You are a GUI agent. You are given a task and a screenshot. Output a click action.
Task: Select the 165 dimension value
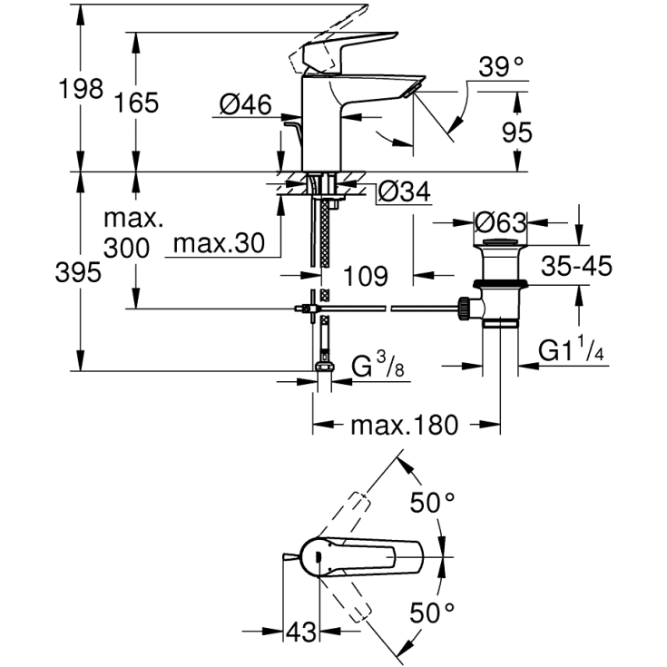point(137,103)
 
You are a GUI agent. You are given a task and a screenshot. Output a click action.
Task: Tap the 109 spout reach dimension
point(366,275)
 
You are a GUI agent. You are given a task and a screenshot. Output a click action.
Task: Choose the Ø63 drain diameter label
point(499,222)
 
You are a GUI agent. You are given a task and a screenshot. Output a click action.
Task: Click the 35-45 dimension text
point(577,266)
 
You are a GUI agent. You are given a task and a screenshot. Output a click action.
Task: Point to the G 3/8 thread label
point(374,368)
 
